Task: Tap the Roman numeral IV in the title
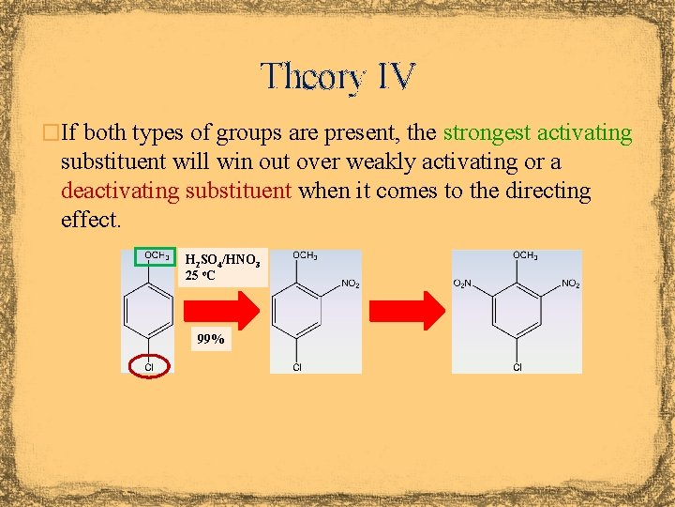click(394, 76)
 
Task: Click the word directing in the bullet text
click(544, 192)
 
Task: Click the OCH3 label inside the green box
click(157, 255)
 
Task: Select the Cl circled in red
click(148, 366)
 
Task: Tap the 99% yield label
click(209, 340)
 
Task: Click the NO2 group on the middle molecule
click(349, 283)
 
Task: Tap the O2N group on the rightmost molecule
click(464, 283)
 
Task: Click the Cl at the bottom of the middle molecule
click(296, 367)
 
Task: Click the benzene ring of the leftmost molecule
click(147, 310)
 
